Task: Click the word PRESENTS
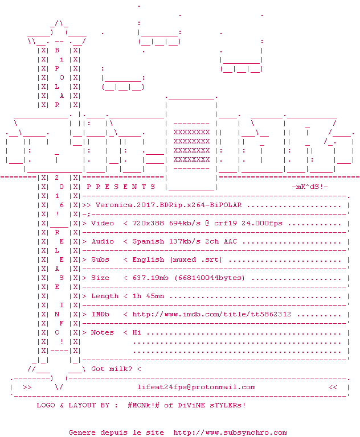point(121,187)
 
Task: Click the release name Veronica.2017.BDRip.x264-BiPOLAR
point(169,205)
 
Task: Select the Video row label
point(103,223)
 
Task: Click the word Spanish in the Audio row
point(148,241)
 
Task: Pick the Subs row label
point(100,259)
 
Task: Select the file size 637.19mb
point(150,278)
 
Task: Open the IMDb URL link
point(212,314)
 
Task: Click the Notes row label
point(103,332)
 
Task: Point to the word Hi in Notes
point(137,332)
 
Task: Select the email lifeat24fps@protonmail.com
point(197,387)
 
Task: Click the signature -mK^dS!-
point(310,187)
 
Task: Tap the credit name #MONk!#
point(144,405)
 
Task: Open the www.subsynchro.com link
point(230,432)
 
